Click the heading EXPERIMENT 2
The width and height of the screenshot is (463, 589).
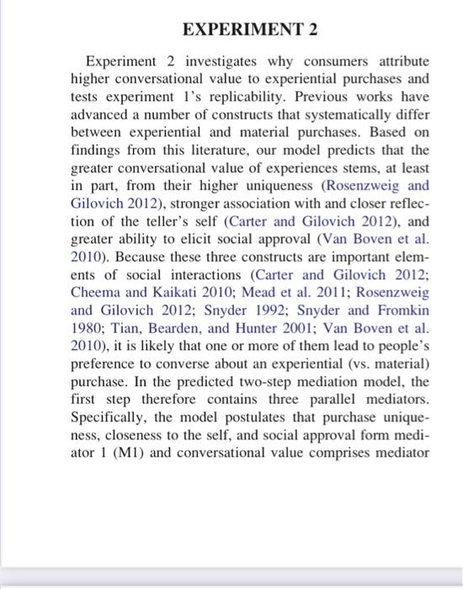(x=249, y=31)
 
